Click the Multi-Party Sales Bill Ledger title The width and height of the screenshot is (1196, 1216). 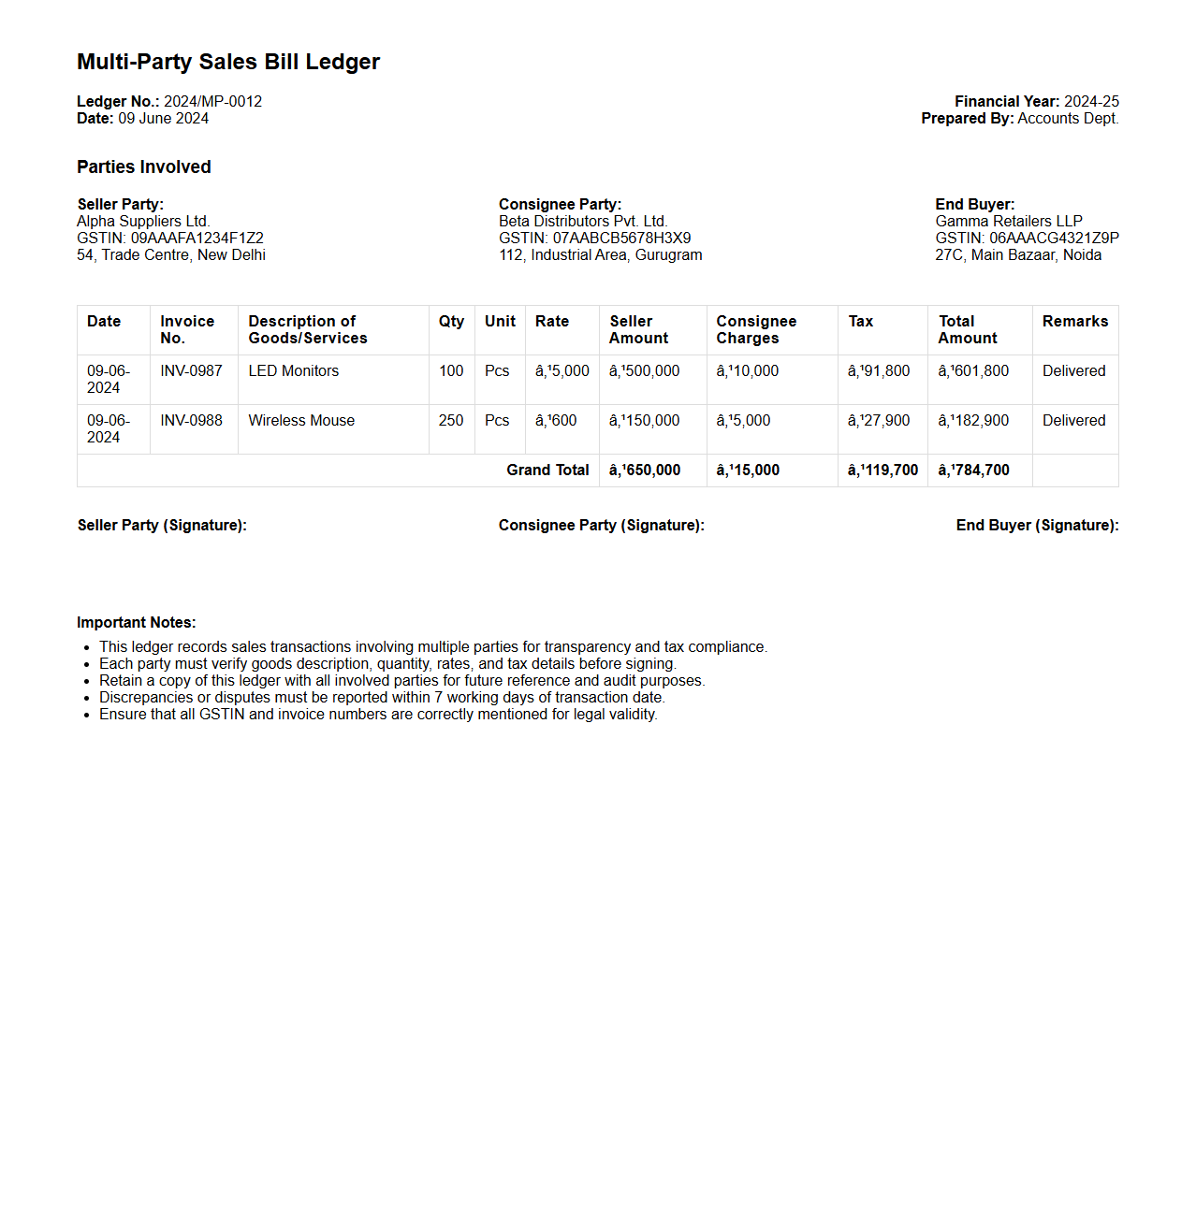(228, 62)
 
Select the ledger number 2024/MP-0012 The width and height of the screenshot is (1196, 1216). (212, 101)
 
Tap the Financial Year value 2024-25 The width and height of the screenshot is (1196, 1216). (1091, 101)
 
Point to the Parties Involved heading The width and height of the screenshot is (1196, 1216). (144, 166)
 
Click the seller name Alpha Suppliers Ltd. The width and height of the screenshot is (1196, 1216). (143, 221)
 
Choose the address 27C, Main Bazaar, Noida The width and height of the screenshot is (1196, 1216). (1018, 254)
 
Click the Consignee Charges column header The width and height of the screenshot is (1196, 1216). (756, 329)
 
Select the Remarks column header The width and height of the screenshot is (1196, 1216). (1074, 321)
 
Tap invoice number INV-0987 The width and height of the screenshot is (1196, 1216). (191, 370)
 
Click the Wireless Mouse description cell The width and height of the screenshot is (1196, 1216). (301, 420)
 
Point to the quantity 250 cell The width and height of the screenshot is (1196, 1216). (451, 420)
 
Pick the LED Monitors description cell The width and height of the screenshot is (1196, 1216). (293, 370)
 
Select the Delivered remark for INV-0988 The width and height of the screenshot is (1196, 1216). (1073, 420)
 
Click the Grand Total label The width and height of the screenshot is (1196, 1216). (547, 470)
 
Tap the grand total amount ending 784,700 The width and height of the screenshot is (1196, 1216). (973, 470)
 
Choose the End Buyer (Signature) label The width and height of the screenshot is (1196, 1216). (1037, 525)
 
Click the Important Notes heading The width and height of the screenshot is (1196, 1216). (137, 622)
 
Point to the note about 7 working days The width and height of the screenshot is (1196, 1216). (382, 697)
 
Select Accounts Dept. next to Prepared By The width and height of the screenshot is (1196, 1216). (1068, 118)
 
